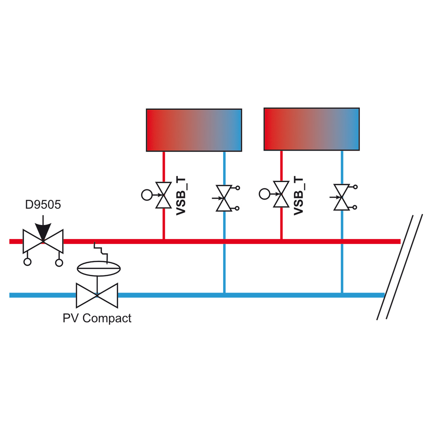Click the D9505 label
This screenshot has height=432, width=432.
[x=43, y=204]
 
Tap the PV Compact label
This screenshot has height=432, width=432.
[x=97, y=318]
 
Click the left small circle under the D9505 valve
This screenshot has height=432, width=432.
[x=27, y=262]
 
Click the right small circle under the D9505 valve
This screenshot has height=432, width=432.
[x=59, y=262]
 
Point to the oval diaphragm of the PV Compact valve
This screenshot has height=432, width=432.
[x=99, y=268]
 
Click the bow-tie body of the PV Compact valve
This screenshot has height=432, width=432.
[x=97, y=296]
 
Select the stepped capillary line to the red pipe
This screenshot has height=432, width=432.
[x=101, y=253]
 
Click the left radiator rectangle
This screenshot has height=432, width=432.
[x=194, y=130]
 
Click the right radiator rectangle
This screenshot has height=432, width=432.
[x=312, y=129]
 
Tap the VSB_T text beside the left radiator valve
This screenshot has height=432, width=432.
[x=181, y=196]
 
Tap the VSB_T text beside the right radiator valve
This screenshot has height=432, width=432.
[x=298, y=196]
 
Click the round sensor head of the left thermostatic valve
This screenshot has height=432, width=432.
[x=147, y=195]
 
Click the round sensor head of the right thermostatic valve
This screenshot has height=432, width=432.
[x=265, y=194]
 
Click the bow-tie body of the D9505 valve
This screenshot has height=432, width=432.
[x=43, y=241]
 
